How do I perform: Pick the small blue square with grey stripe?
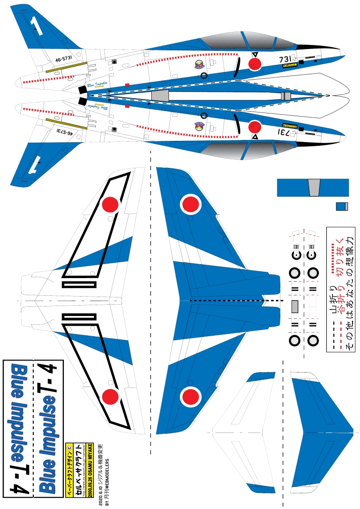coord(342,206)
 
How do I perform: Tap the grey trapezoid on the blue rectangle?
coord(314,187)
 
